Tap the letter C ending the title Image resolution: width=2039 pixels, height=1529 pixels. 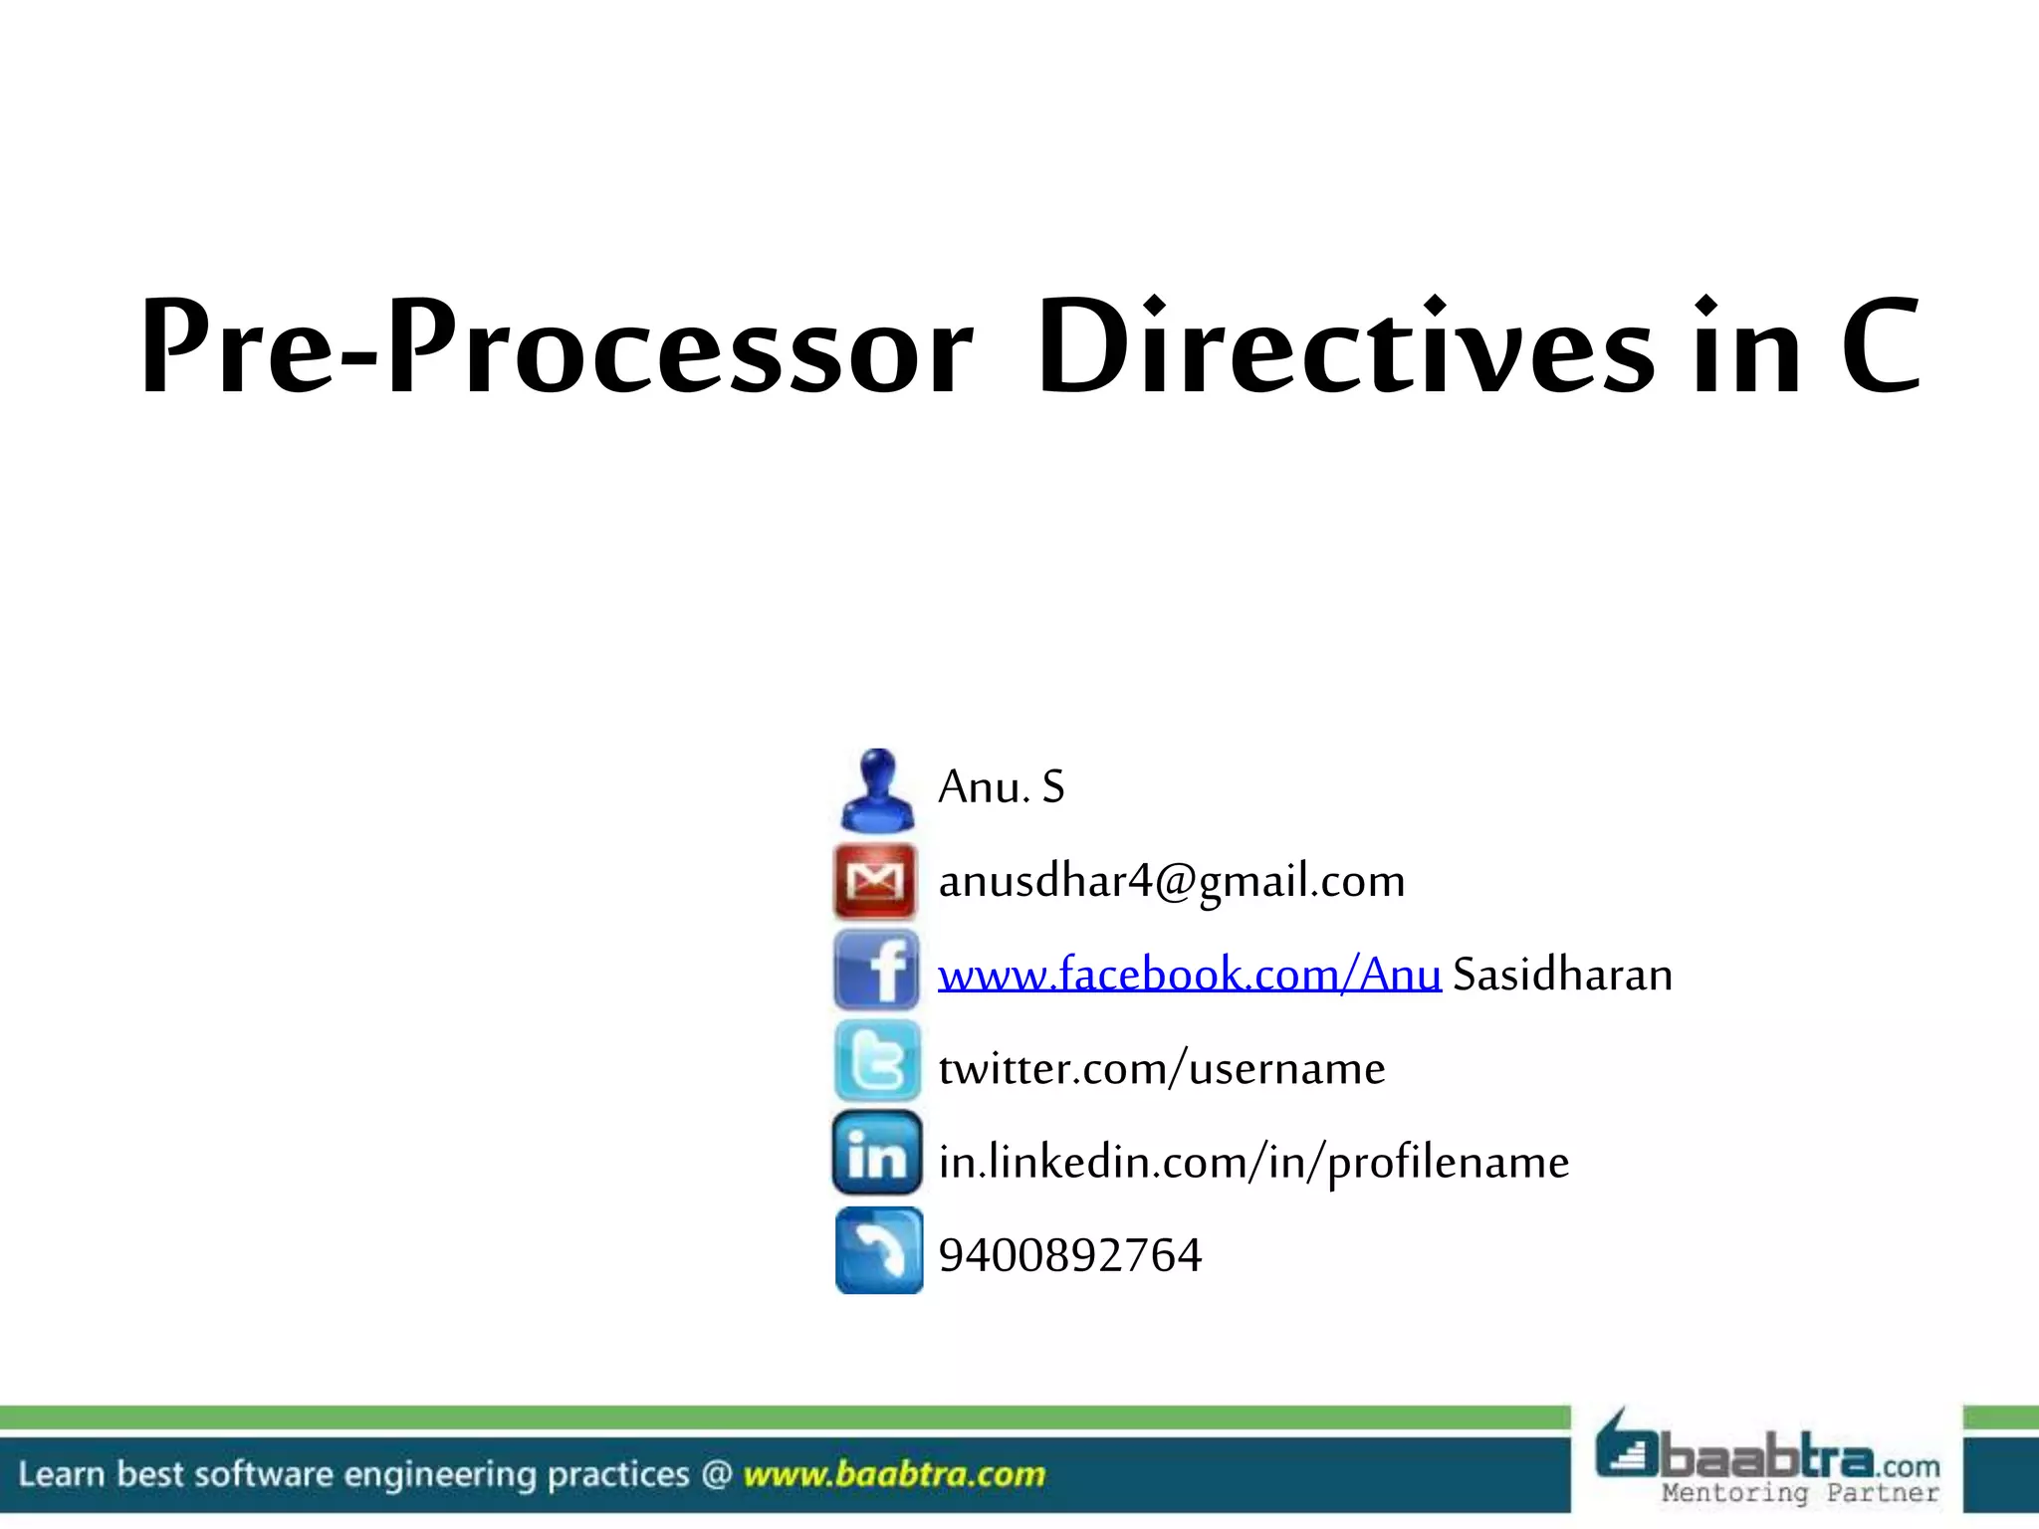1880,346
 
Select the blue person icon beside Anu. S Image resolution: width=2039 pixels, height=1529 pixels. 876,790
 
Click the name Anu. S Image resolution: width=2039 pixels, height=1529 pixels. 1001,787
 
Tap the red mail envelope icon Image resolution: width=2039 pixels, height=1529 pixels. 875,880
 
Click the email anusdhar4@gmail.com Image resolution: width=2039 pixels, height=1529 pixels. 1171,881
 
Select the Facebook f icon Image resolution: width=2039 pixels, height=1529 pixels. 876,971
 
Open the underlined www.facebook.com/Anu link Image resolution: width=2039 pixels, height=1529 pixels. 1189,975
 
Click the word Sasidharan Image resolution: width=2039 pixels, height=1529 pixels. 1562,975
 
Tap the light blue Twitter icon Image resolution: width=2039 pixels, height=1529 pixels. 876,1061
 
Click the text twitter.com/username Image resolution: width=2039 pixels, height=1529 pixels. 1161,1069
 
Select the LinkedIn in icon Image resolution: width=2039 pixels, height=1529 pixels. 876,1154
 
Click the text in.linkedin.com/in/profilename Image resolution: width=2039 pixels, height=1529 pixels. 1252,1163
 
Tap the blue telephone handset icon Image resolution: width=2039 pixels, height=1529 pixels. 878,1250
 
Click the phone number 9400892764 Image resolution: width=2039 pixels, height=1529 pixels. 1069,1255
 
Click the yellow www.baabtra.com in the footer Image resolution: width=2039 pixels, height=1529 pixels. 893,1474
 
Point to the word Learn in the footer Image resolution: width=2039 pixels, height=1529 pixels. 62,1474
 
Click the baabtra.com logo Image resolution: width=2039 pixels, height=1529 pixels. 1767,1454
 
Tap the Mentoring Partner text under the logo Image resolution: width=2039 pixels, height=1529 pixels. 1800,1493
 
